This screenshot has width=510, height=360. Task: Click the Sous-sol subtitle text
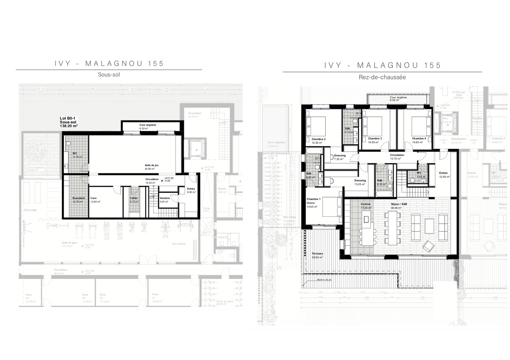click(x=109, y=75)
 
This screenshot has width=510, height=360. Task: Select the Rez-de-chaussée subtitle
click(x=382, y=77)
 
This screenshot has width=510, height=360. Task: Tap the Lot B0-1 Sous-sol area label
click(x=69, y=122)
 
